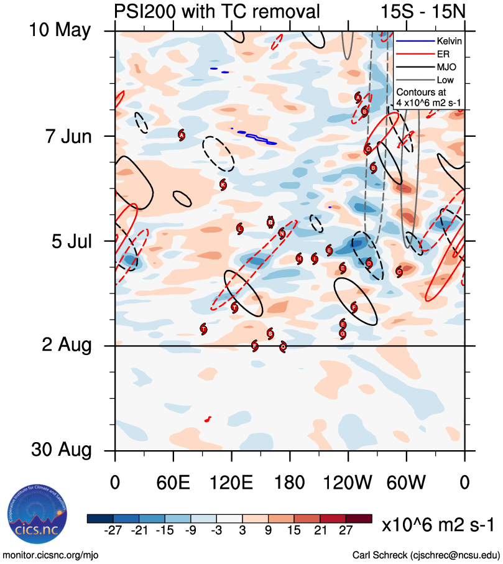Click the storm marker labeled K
tap(223, 184)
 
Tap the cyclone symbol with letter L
tap(240, 229)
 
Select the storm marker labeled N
tap(282, 233)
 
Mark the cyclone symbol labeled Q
tap(284, 346)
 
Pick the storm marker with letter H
tap(299, 258)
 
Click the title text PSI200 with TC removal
tap(217, 11)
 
